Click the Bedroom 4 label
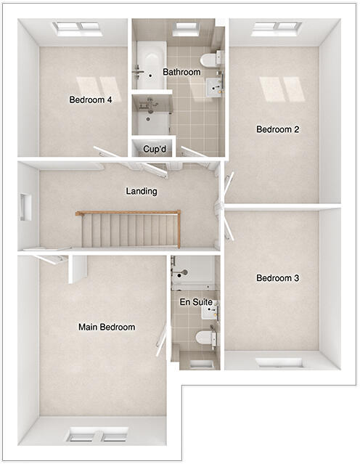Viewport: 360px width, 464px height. pos(90,100)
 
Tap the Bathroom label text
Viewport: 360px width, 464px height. pos(181,73)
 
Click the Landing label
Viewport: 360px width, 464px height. pos(142,192)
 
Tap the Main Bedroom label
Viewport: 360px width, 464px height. pos(107,327)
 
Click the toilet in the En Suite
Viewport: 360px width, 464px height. pos(205,337)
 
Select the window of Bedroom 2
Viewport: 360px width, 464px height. pos(277,28)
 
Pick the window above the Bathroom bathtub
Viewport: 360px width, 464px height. pos(185,28)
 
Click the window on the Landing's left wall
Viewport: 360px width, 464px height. pos(27,207)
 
